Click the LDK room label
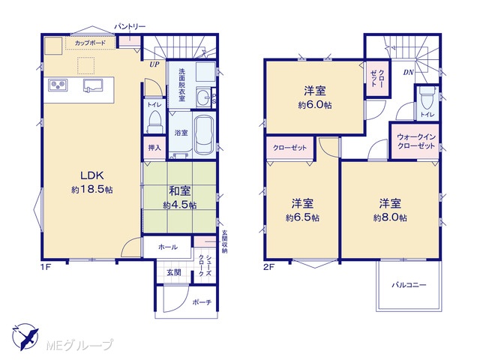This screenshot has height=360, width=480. [x=92, y=175]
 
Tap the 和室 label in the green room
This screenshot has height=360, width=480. [x=180, y=191]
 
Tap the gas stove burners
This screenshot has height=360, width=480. [x=58, y=85]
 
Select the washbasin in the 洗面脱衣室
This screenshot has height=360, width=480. [x=203, y=97]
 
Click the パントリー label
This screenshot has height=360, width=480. [x=130, y=27]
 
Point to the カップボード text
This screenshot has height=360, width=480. [x=90, y=43]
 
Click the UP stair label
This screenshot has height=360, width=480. [x=154, y=64]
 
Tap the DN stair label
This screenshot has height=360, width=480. [x=408, y=73]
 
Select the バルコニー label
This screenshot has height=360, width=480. [x=409, y=285]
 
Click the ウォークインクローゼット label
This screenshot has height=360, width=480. [x=415, y=142]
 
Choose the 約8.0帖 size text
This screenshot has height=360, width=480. [x=390, y=217]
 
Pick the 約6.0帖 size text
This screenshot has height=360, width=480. [x=315, y=105]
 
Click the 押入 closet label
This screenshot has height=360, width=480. [x=154, y=148]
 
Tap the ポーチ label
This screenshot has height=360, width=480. [x=202, y=302]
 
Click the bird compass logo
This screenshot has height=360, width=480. [x=25, y=337]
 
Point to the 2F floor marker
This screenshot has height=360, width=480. [x=268, y=267]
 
